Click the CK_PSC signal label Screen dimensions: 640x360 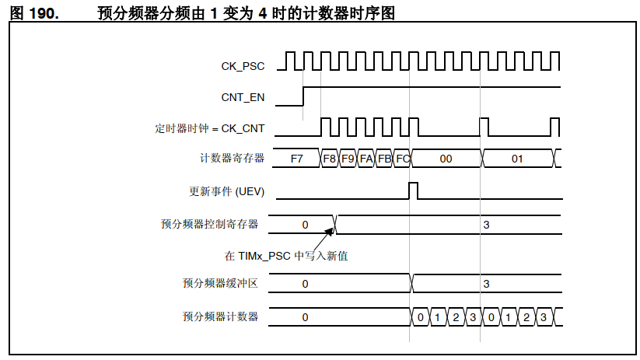(x=243, y=66)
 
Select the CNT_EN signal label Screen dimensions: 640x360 (x=243, y=97)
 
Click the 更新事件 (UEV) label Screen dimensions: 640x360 (x=226, y=190)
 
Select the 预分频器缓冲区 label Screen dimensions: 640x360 (x=220, y=284)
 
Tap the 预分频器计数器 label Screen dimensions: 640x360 (x=220, y=316)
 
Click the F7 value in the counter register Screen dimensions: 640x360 (x=296, y=159)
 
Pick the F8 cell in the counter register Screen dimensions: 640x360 (x=330, y=159)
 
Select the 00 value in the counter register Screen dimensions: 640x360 (x=446, y=159)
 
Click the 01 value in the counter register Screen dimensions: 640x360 (x=517, y=159)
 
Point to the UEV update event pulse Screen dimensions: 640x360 (x=413, y=190)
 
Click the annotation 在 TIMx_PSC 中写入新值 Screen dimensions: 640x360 (x=286, y=255)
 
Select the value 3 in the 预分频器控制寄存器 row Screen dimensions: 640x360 (x=486, y=225)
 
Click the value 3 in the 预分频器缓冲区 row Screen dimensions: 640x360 (x=486, y=284)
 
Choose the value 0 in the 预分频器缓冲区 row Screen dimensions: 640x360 (x=305, y=284)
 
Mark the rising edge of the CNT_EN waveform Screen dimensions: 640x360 (x=303, y=96)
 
